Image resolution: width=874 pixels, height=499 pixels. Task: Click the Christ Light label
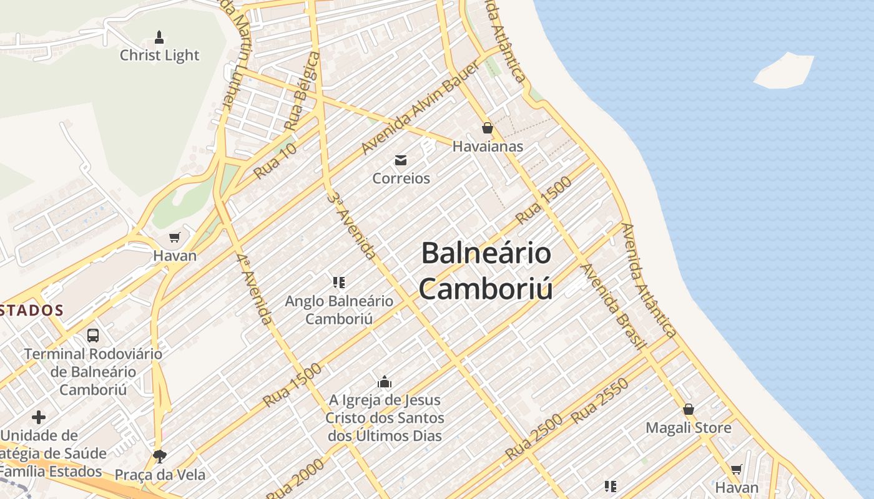[159, 56]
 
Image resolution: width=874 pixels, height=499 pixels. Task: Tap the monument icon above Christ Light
[159, 37]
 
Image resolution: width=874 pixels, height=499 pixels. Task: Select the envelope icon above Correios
[401, 160]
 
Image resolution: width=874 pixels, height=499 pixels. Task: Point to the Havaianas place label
[488, 147]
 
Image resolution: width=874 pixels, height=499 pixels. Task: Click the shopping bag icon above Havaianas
[488, 128]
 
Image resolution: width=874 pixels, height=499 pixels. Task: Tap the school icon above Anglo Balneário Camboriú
[339, 283]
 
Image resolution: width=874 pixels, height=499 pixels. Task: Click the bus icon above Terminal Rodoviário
[93, 336]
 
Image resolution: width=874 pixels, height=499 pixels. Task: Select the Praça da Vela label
[160, 475]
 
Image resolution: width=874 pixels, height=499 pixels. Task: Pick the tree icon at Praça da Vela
[160, 456]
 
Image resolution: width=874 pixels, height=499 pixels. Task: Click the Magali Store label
[689, 429]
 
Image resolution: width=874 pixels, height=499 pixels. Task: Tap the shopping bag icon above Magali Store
[689, 410]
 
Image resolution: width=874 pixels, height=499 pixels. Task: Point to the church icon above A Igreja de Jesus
[385, 382]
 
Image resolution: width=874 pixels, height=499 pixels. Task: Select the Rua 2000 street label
[296, 479]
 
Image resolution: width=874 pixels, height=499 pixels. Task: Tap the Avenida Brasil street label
[612, 306]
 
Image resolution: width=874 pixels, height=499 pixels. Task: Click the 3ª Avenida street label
[352, 226]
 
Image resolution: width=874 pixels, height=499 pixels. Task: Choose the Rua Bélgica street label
[303, 91]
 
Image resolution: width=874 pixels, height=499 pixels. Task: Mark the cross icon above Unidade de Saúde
[39, 417]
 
